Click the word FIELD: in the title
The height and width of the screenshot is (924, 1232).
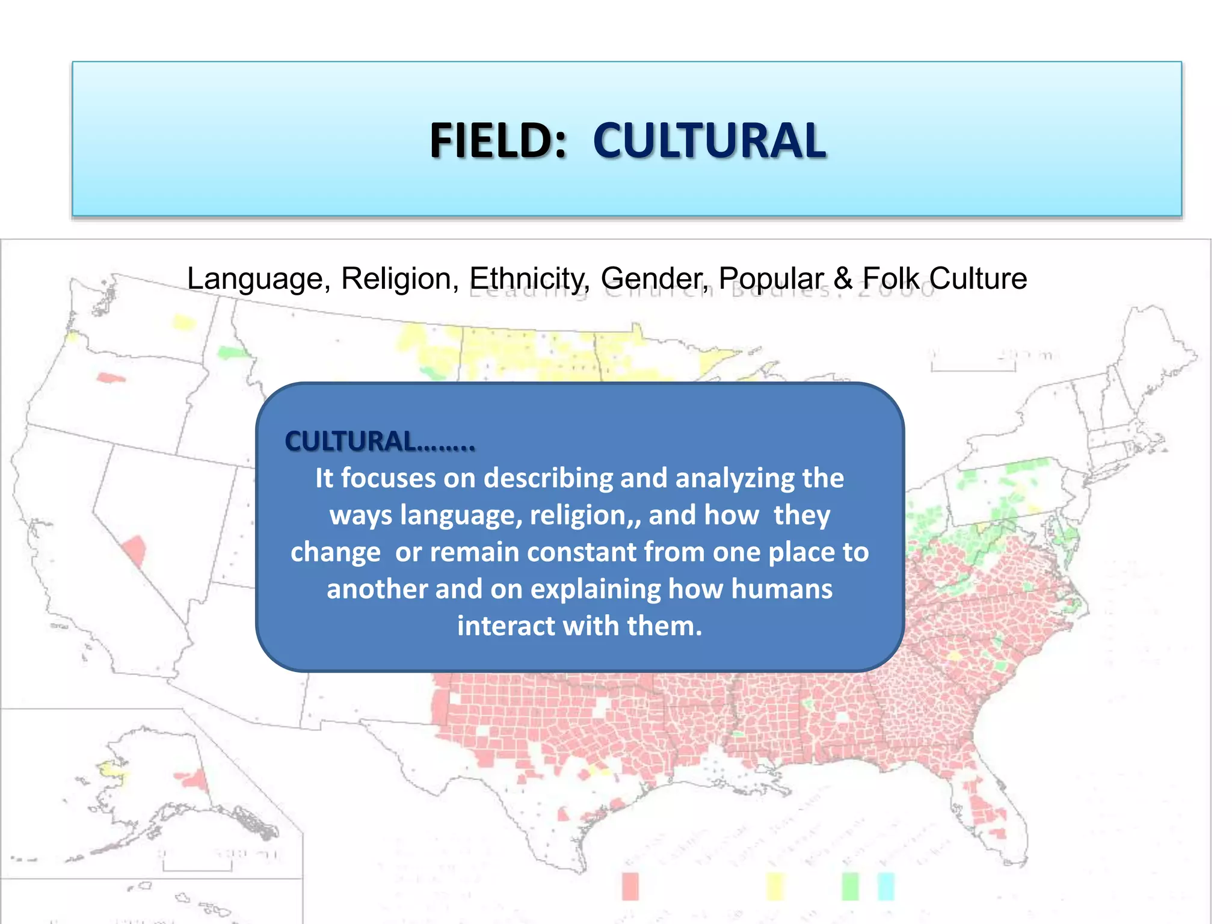point(498,141)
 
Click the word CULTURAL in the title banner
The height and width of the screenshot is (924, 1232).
point(709,141)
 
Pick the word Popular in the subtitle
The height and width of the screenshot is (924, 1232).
point(771,279)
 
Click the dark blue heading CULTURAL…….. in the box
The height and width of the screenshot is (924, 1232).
point(380,442)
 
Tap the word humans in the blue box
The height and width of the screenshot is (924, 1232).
point(781,589)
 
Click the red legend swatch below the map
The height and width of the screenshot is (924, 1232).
point(630,887)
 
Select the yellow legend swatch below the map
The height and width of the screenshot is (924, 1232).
point(775,887)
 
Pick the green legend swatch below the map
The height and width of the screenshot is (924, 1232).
point(850,887)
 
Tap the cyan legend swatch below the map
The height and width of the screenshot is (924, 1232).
point(886,887)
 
